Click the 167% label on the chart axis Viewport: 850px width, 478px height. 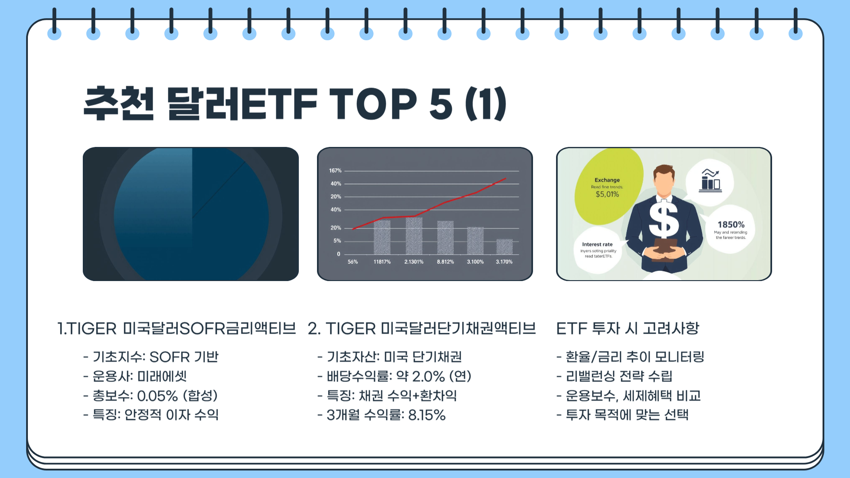335,170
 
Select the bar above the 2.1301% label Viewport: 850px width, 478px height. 414,235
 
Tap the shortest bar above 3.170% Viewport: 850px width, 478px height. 504,247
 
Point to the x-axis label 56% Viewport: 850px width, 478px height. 352,262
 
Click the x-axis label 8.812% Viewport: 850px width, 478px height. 445,262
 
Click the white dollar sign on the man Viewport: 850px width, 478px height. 663,220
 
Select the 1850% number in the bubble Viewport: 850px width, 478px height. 731,225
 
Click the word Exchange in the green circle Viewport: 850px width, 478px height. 607,180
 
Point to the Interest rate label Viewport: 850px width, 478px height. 597,244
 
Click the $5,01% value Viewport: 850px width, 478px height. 607,194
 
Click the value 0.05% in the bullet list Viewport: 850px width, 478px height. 157,396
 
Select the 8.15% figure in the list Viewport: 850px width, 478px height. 427,415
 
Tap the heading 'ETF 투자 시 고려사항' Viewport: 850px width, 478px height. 627,328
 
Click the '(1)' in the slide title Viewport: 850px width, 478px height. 486,104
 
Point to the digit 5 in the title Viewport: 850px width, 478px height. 440,104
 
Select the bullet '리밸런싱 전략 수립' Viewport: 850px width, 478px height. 619,376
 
